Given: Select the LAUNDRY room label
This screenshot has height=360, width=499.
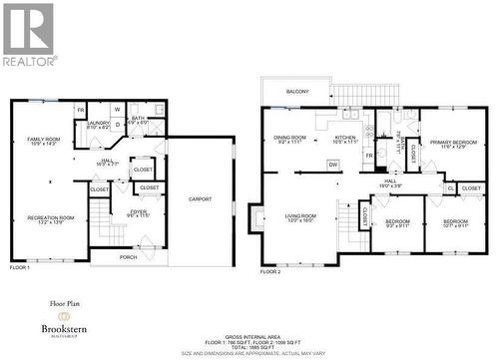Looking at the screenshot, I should pos(98,125).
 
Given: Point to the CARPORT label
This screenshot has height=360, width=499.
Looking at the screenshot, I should pos(201,199).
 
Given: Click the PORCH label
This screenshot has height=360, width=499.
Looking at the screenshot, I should pos(128,256).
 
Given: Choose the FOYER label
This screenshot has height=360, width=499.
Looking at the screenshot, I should pos(138,212).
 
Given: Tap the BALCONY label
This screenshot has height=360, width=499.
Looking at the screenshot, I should pos(296,92).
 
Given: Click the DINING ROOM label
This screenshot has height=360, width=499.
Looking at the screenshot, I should pos(290,139).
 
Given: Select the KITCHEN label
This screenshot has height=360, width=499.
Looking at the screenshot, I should pos(345,139).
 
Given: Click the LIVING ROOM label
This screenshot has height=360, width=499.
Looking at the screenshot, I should pos(300,216).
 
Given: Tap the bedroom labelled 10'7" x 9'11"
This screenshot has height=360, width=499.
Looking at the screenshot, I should pos(455,221).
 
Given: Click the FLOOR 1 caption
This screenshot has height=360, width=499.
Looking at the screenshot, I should pos(19,267).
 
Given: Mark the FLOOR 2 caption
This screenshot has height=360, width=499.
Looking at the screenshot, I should pos(270,271).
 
